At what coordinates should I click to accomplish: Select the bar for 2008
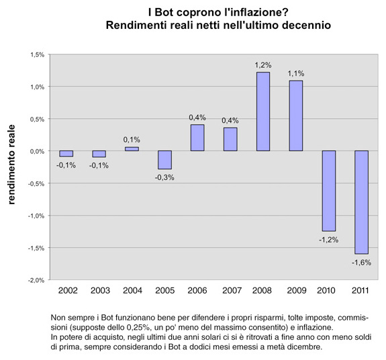pos(263,111)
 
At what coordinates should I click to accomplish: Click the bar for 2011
pos(362,202)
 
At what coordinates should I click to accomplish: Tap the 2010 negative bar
pos(329,191)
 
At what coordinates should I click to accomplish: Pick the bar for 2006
pos(197,138)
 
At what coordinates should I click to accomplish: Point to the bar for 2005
pos(164,160)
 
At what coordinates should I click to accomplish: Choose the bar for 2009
pos(296,116)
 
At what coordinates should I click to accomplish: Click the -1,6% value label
pos(362,263)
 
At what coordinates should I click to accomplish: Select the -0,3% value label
pos(164,177)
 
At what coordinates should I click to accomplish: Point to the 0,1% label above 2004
pos(132,140)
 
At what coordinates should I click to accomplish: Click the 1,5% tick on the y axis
pos(37,54)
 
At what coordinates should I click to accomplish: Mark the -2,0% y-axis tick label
pos(36,280)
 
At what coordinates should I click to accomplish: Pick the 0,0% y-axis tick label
pos(37,151)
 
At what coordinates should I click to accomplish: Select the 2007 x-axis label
pos(230,291)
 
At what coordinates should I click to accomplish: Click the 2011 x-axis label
pos(362,291)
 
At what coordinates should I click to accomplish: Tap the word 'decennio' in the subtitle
pos(305,26)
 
